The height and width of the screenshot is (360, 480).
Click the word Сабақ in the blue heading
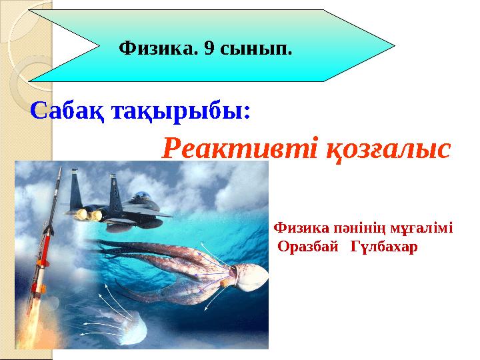63,111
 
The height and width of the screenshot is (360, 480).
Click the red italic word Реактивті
236,148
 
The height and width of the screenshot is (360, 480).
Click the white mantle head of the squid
248,275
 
